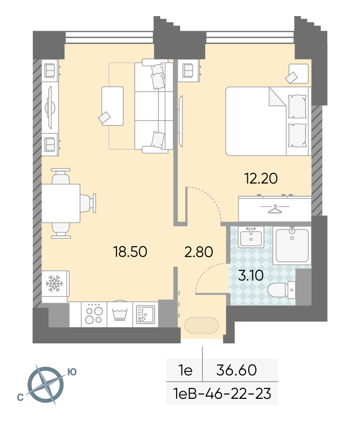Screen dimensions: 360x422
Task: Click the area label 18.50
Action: (130, 252)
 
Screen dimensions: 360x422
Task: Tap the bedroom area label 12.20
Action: (261, 179)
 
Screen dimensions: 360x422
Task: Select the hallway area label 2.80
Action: (199, 252)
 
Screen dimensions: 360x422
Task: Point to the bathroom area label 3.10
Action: (251, 275)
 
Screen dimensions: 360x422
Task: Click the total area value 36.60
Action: (236, 370)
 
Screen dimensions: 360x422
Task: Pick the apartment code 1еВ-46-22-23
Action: (222, 394)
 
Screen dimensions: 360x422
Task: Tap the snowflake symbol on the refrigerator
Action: (54, 283)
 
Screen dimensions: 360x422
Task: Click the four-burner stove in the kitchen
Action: (94, 314)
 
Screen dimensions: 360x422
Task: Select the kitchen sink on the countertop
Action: (145, 314)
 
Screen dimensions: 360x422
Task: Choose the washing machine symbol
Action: (120, 314)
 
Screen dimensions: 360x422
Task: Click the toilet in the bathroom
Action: (281, 290)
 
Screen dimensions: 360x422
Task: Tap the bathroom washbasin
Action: (251, 237)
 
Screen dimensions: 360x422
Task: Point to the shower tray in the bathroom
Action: (292, 245)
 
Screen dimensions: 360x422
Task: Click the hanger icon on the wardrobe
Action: (275, 209)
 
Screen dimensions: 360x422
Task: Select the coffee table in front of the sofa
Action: (113, 106)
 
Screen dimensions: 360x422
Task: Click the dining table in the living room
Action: (61, 204)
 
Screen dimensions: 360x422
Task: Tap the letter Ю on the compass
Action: (72, 372)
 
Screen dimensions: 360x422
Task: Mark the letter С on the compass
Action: (20, 397)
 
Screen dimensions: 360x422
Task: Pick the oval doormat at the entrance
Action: (201, 325)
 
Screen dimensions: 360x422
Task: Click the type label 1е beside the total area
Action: (185, 370)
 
